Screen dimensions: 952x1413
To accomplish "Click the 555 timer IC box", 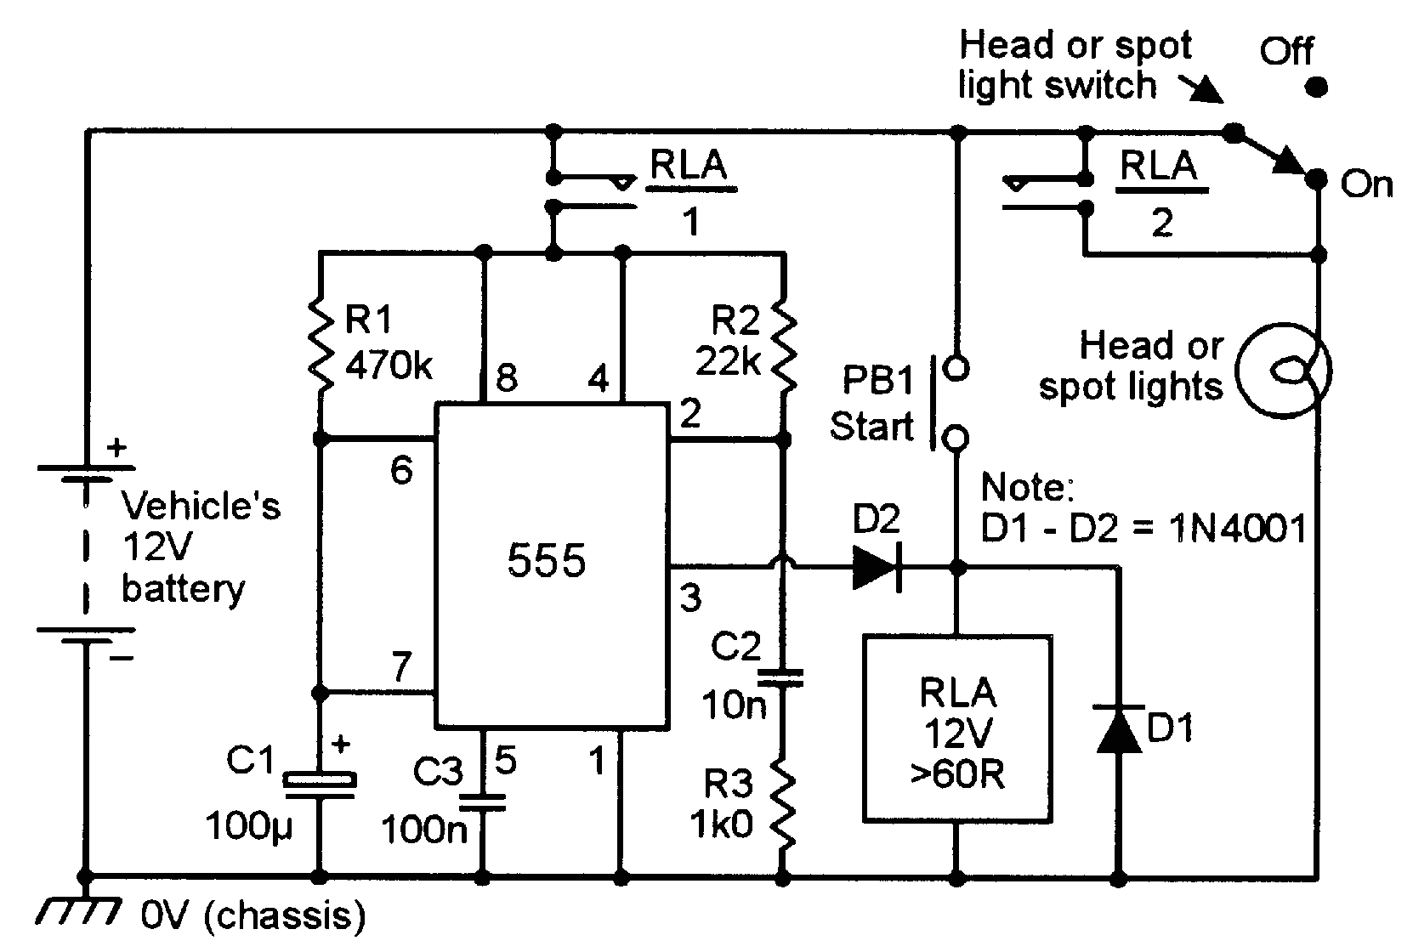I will pos(551,565).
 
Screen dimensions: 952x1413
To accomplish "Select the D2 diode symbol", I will pos(877,565).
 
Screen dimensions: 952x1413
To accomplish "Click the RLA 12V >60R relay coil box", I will pos(957,729).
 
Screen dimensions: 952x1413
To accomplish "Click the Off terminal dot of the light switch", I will pos(1316,87).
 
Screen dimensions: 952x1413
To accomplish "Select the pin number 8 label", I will pos(507,377).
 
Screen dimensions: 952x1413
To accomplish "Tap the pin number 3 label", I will pos(690,598).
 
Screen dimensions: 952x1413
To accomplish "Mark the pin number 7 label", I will pos(402,666).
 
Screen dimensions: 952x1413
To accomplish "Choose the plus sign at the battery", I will pos(117,446).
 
